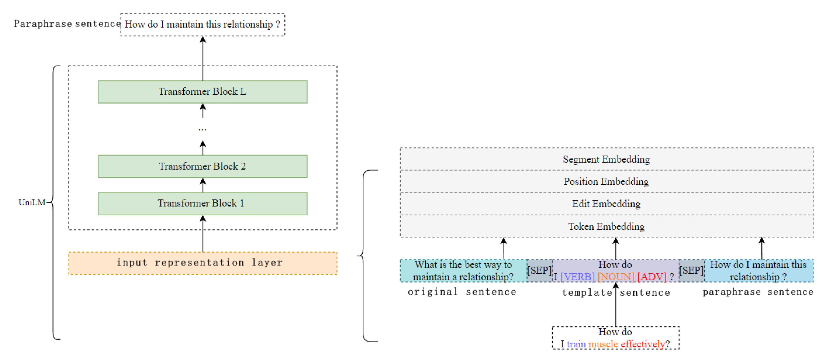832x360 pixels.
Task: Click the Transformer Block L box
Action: coord(203,92)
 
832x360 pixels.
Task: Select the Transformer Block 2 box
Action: coord(203,166)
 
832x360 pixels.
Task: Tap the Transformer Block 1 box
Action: coord(203,203)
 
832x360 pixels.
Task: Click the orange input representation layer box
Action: coord(203,263)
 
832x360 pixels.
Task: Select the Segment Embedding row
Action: coord(606,159)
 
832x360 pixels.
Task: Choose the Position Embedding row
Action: coord(606,181)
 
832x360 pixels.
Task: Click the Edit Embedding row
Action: coord(606,204)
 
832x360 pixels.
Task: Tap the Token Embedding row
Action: coord(606,226)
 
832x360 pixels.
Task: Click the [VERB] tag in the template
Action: coord(578,277)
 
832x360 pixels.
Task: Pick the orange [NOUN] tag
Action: coord(616,277)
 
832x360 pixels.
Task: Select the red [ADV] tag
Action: coord(652,277)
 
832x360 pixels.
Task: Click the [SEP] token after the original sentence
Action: coord(539,270)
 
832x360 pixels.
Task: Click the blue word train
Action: coord(576,344)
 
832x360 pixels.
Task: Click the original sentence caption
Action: coord(462,292)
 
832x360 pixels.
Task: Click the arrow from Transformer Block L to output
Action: coord(203,58)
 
